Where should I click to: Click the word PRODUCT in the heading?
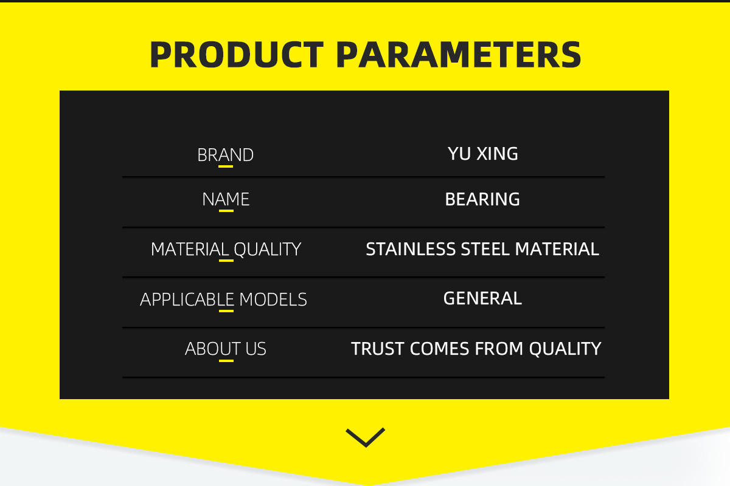pos(237,55)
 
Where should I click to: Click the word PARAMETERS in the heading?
pos(459,55)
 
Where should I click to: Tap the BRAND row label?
pos(226,155)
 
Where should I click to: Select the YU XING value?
pos(482,154)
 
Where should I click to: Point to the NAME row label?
pos(226,199)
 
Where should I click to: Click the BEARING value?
pos(482,199)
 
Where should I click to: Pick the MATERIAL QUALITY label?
pos(226,249)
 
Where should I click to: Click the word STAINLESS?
pos(411,249)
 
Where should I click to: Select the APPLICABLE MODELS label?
pos(224,299)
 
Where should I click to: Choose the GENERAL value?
pos(482,298)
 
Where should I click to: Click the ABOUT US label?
pos(226,349)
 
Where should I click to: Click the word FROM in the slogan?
pos(499,349)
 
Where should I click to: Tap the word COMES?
pos(439,349)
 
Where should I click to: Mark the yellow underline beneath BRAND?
pos(226,166)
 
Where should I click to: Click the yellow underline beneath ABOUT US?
pos(226,361)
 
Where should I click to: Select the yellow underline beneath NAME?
pos(226,211)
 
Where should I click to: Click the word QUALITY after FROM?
pos(565,349)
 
